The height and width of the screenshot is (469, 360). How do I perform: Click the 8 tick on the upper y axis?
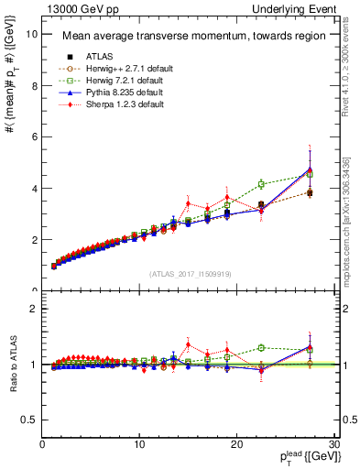click(x=34, y=85)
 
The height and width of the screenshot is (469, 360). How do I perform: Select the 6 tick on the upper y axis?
click(x=34, y=136)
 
